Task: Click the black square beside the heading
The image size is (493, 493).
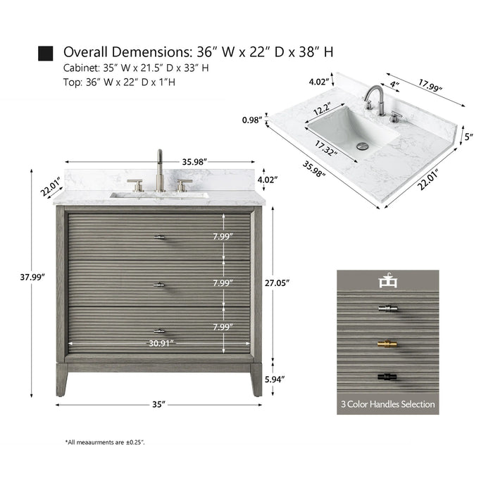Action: coord(45,54)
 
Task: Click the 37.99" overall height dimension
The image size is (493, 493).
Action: coord(32,277)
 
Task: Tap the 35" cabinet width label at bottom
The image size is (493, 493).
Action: coord(158,404)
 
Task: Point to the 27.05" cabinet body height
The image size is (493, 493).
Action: coord(277,282)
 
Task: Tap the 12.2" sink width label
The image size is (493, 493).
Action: coord(324,110)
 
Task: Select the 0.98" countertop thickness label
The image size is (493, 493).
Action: coord(252,120)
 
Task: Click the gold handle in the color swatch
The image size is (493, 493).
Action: coord(387,344)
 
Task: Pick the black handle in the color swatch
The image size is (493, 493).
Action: coord(387,377)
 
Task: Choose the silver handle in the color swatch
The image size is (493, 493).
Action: coord(387,308)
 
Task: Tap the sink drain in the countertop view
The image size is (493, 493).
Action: coord(363,146)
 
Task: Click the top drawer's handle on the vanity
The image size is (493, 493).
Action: coord(160,237)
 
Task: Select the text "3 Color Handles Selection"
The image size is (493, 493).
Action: coord(387,404)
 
